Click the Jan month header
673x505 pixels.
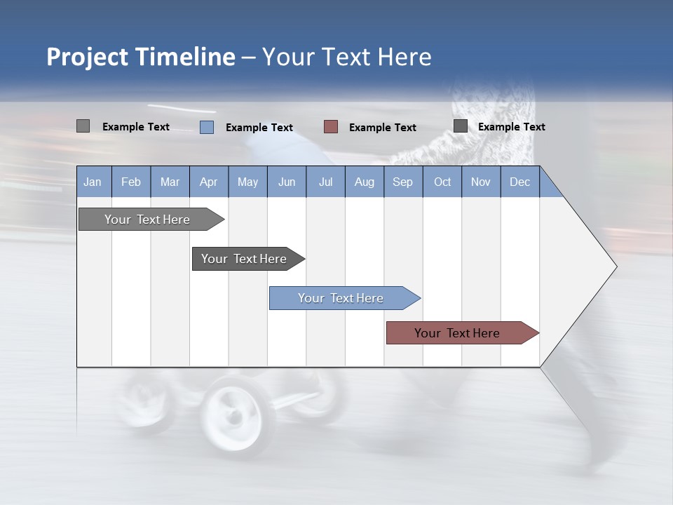pos(93,182)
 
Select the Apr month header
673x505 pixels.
pos(208,182)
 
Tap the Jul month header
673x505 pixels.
pos(325,182)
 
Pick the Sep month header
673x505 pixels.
pos(402,182)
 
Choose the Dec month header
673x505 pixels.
pos(519,182)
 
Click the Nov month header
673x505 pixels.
pos(480,182)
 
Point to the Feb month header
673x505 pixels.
pos(131,182)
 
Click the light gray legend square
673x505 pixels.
pos(83,126)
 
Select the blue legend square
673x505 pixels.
pos(206,127)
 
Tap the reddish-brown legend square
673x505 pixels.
pos(331,127)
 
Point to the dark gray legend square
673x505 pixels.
pos(460,126)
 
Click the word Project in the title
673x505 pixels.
pos(87,57)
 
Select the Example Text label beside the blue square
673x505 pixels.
pos(259,128)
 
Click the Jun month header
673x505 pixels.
pos(286,182)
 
